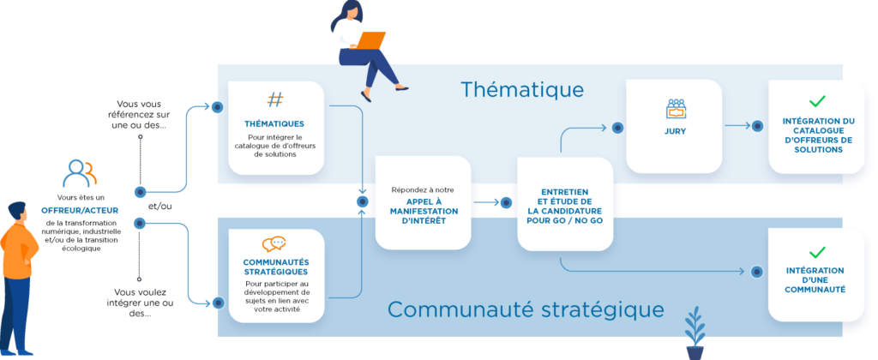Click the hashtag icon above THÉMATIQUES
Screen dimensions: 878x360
pos(275,99)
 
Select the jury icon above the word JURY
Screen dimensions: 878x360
pos(676,109)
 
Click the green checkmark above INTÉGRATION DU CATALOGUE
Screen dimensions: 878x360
pos(817,101)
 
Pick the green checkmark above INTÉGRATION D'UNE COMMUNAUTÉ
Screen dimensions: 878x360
pos(817,252)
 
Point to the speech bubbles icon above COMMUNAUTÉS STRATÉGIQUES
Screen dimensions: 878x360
pos(274,244)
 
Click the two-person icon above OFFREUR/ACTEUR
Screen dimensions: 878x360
pos(80,173)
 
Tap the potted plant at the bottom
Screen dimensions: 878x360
pos(695,333)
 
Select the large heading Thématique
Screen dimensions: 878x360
pos(522,90)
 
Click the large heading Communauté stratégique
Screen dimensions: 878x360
pos(526,309)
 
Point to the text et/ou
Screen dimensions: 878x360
pos(160,206)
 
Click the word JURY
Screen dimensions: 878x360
pos(676,131)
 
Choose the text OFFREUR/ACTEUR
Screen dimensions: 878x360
pos(80,211)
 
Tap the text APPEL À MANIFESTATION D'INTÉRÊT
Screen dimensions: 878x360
pos(424,211)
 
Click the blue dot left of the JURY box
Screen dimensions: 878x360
pos(617,129)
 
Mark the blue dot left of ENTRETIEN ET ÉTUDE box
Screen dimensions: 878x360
pos(506,202)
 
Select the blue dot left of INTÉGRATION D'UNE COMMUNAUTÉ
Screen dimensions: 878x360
pos(757,272)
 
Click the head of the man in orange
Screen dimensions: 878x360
pos(17,213)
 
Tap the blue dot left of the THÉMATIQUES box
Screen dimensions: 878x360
pos(217,106)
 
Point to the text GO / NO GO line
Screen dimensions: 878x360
pos(565,220)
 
